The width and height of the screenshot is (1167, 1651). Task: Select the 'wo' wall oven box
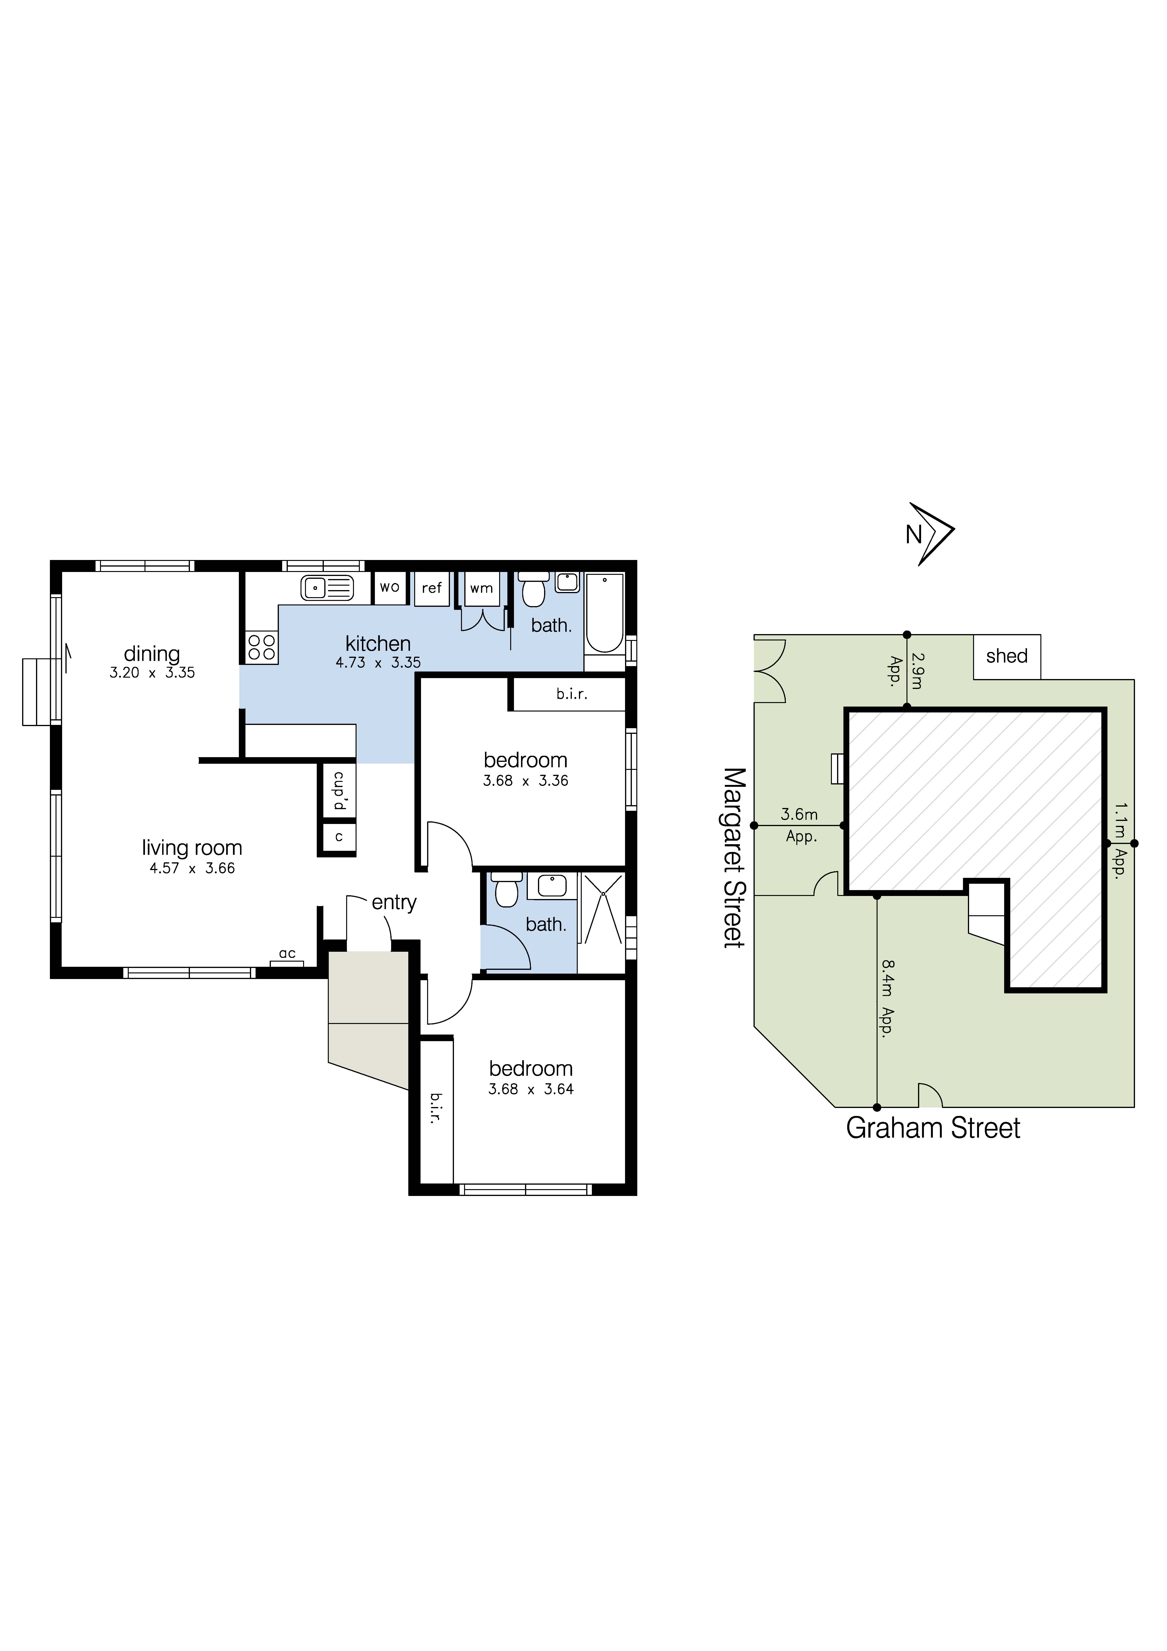[x=390, y=588]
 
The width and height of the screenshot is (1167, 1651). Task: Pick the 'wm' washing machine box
[x=481, y=588]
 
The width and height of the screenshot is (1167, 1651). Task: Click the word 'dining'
[x=152, y=654]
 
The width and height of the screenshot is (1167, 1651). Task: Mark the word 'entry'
[x=394, y=903]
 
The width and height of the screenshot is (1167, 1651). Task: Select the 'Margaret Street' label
[x=734, y=857]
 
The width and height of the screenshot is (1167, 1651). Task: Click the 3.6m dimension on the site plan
[x=799, y=815]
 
